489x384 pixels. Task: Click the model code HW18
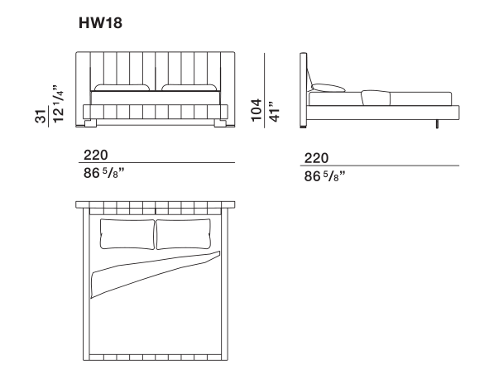[100, 23]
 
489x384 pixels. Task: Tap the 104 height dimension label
[256, 110]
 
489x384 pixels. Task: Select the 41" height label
[275, 111]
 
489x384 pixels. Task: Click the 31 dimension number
[41, 116]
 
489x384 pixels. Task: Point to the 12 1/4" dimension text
[58, 103]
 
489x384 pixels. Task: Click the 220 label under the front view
[96, 155]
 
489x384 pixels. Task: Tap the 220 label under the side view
[316, 158]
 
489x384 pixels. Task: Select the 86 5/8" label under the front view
[104, 173]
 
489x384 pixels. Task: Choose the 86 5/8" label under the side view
[325, 176]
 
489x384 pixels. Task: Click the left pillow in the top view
[127, 234]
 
